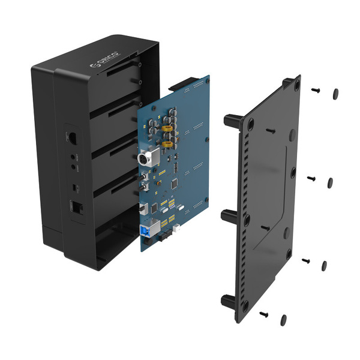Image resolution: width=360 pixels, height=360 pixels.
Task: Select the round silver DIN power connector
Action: point(144,160)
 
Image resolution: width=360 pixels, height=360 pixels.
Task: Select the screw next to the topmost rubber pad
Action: point(316,91)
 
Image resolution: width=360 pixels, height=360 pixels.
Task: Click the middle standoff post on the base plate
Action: point(230,216)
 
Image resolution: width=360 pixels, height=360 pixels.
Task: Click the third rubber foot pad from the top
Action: point(325,265)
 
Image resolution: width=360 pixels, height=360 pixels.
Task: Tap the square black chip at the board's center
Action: point(175,182)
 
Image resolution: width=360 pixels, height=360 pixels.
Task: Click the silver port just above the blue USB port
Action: point(144,208)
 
